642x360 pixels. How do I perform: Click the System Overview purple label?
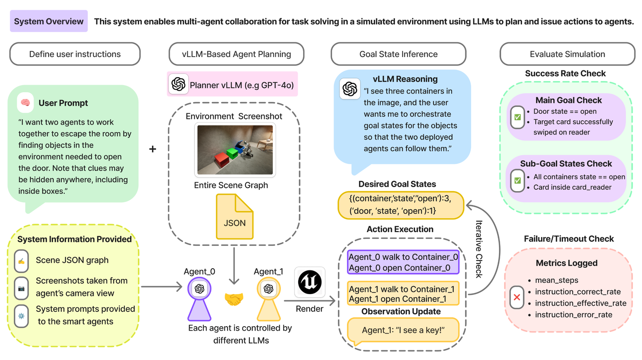click(x=49, y=21)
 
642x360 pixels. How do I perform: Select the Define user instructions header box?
click(x=75, y=54)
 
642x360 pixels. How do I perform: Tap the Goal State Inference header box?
click(x=398, y=54)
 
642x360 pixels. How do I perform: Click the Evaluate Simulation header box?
click(x=567, y=54)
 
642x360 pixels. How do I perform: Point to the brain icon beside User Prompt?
click(x=25, y=103)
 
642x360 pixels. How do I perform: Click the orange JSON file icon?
click(x=235, y=217)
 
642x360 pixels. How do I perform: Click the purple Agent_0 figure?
click(x=199, y=298)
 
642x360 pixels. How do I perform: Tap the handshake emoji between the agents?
click(x=234, y=299)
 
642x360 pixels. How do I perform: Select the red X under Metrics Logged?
click(x=517, y=297)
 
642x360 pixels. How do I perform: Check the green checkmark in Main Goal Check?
click(x=518, y=117)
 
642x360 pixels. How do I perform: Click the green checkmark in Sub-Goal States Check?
click(x=518, y=180)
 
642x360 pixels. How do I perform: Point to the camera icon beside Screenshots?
click(x=21, y=288)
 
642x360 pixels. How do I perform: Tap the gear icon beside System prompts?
click(x=21, y=315)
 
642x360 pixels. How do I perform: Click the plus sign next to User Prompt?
click(x=153, y=149)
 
